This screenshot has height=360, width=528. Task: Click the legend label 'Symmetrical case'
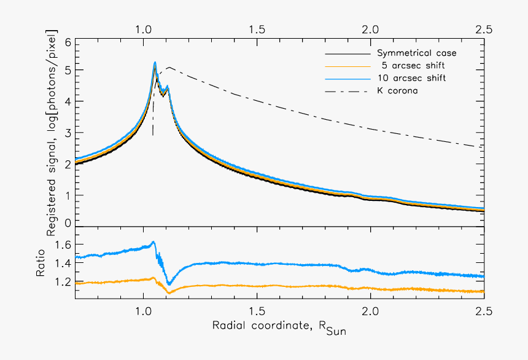pyautogui.click(x=416, y=53)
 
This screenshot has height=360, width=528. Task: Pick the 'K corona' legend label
pyautogui.click(x=398, y=92)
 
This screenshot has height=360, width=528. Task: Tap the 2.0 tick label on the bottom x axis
pyautogui.click(x=370, y=310)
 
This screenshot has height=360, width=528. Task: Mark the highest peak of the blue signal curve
pyautogui.click(x=155, y=62)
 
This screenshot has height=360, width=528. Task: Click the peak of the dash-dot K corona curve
pyautogui.click(x=169, y=68)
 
